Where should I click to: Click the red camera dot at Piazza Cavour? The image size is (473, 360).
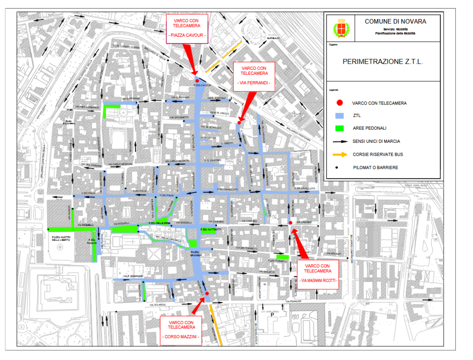197,81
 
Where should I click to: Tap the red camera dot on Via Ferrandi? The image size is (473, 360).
239,123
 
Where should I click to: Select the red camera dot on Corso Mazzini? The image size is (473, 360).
207,293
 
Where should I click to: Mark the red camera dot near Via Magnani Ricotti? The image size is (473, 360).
290,223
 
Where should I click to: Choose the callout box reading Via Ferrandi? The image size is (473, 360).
254,76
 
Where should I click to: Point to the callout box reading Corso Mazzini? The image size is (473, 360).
181,330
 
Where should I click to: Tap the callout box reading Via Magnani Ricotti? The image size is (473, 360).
317,274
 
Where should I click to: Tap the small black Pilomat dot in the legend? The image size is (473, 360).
337,167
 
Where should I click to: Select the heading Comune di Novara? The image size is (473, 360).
395,22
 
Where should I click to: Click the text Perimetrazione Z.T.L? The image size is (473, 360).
383,61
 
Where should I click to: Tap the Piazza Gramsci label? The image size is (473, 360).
196,253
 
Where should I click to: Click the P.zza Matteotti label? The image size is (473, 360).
209,230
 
